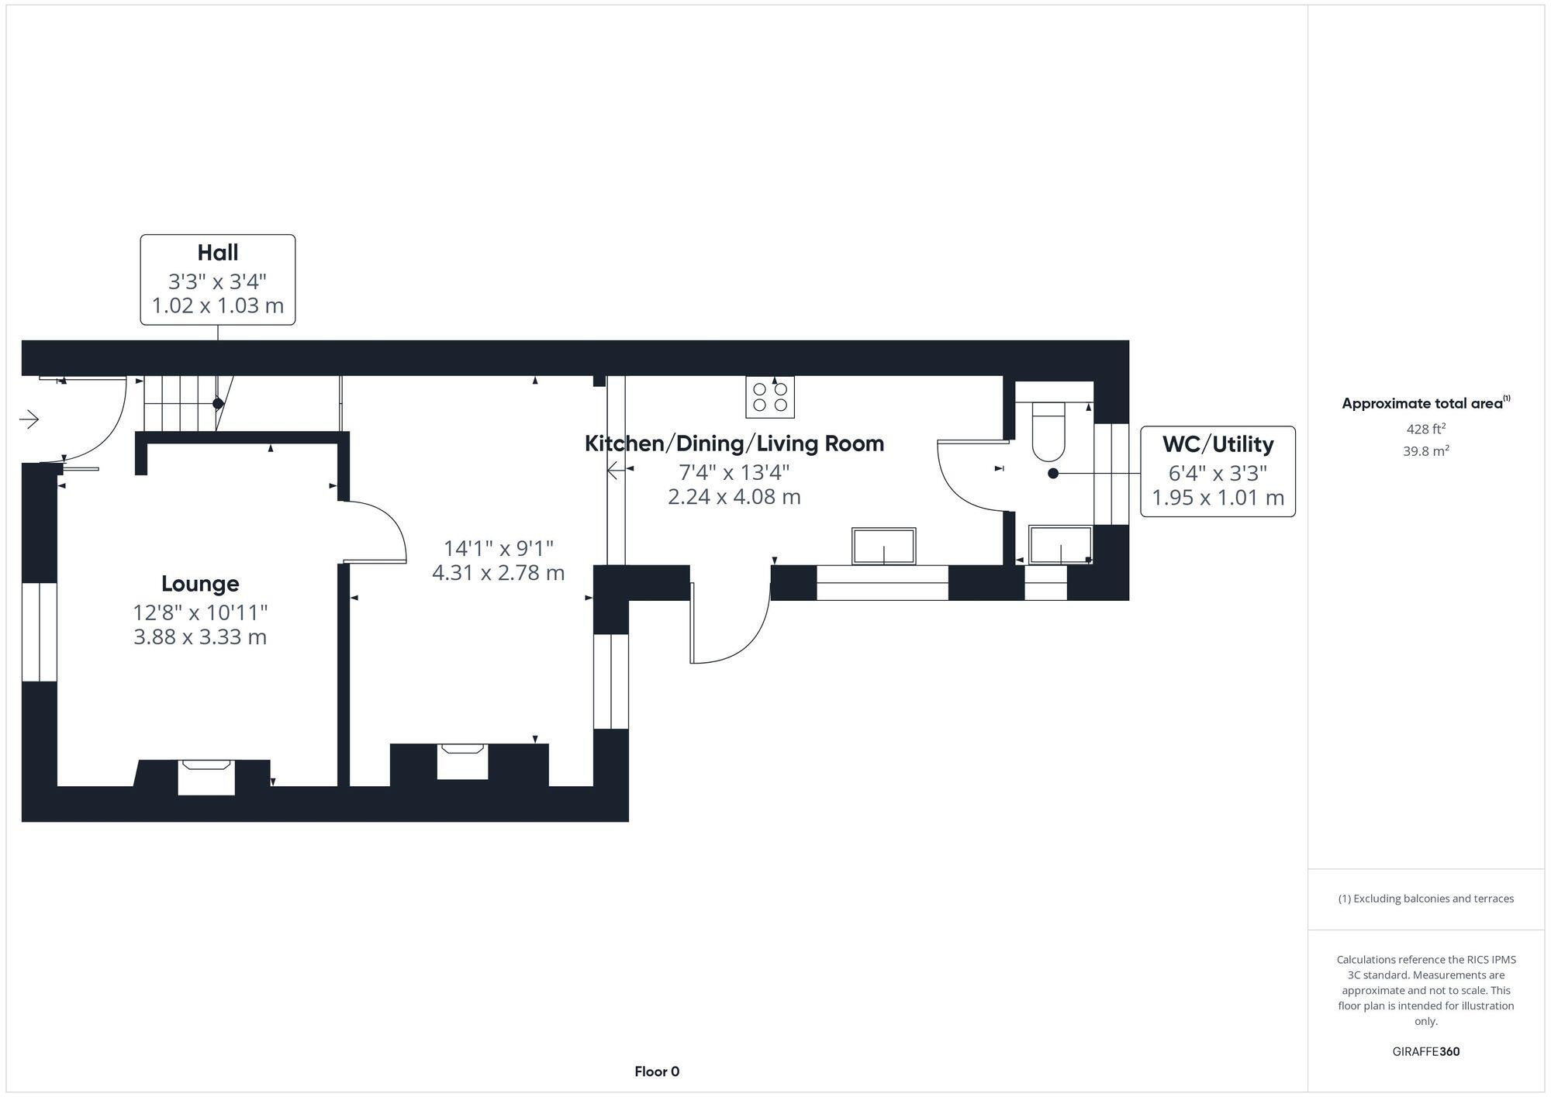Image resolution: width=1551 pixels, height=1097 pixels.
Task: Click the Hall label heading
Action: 217,253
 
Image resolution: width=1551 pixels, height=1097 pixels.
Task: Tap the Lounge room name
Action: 200,584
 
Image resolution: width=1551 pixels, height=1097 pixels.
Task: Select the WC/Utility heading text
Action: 1218,444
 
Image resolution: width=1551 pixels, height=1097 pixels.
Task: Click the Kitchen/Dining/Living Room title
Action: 734,443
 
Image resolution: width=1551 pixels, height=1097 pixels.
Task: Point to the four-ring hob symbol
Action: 770,397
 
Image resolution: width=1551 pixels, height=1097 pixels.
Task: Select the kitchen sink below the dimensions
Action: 883,546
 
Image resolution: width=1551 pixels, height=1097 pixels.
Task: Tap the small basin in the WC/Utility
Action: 1060,543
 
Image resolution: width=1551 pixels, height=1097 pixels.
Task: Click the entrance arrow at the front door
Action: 29,419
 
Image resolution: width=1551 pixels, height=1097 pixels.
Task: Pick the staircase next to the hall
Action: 180,403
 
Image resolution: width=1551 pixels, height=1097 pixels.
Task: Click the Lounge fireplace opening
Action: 206,777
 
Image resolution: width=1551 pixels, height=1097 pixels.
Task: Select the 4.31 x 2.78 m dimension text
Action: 498,573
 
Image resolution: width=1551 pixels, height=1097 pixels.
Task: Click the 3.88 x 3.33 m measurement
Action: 200,637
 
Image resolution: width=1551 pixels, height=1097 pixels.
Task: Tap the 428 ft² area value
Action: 1425,429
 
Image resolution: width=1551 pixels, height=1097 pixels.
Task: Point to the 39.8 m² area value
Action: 1425,450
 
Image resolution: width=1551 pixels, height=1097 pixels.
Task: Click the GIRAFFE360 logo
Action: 1425,1051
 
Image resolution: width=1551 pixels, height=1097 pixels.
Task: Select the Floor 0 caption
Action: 657,1071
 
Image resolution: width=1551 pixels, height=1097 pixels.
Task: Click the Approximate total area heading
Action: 1423,403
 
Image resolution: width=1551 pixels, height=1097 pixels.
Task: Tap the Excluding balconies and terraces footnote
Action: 1425,899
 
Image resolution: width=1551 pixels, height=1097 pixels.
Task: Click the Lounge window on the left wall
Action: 39,632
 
